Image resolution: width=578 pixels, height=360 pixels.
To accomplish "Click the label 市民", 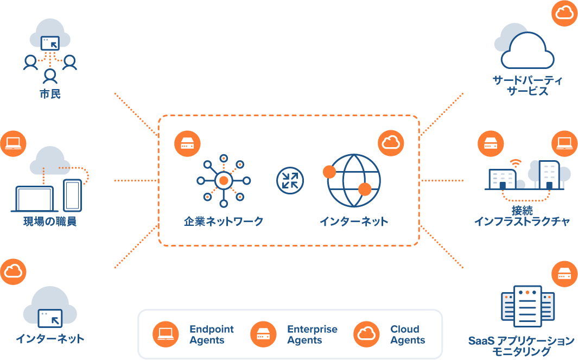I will pos(50,94).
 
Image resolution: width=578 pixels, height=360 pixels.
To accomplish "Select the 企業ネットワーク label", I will pos(223,222).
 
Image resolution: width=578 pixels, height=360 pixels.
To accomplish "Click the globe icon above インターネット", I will pos(353,180).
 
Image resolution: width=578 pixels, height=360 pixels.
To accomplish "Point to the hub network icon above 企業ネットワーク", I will pos(223,180).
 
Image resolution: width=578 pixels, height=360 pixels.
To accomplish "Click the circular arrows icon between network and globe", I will pos(290,180).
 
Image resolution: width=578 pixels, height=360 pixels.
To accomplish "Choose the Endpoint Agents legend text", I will pos(211,334).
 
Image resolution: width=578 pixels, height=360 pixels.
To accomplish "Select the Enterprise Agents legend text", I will pos(312,334).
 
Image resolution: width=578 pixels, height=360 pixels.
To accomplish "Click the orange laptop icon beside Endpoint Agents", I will pos(166,334).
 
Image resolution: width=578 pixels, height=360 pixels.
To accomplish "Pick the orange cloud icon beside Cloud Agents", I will pos(366,334).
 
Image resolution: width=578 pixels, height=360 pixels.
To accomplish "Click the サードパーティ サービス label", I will pos(528,86).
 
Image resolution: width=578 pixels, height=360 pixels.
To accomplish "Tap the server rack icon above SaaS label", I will pos(528,306).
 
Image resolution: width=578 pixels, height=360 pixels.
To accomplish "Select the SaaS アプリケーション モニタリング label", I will pos(521,346).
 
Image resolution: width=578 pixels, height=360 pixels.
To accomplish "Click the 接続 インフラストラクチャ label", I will pos(522,216).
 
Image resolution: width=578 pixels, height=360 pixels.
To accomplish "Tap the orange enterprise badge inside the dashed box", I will pos(187,144).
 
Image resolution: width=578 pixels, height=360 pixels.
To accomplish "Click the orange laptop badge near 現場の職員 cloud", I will pos(13,143).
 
